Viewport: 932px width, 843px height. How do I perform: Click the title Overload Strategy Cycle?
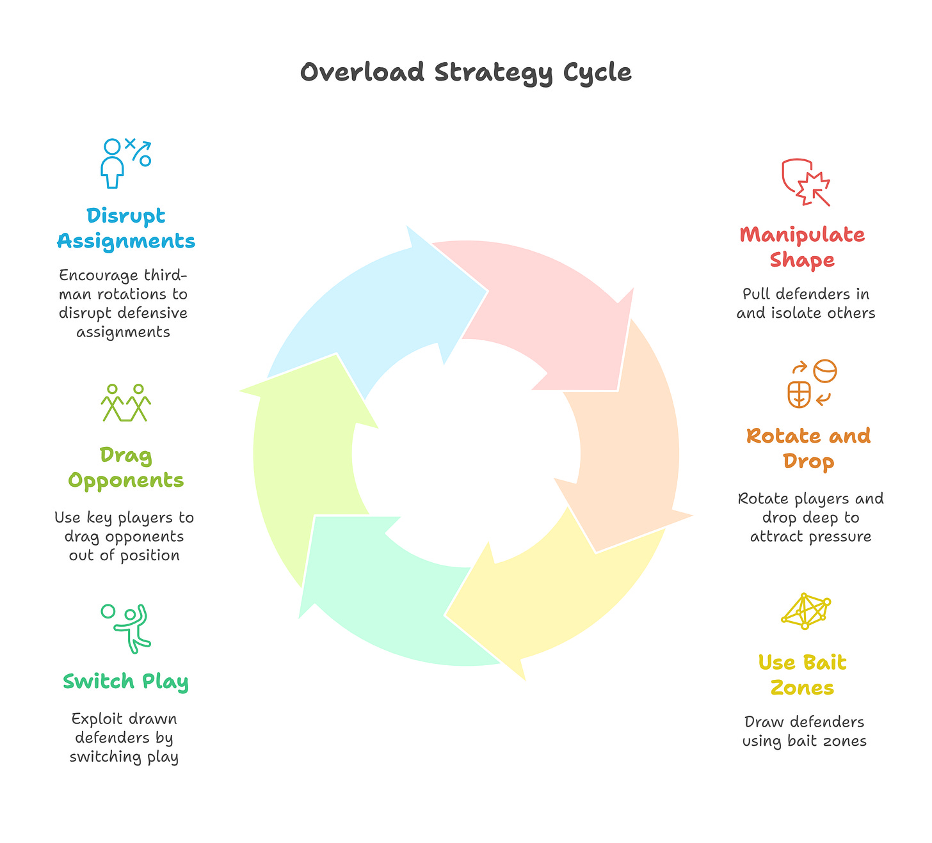[x=465, y=72]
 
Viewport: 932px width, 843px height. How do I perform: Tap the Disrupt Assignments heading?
[x=126, y=228]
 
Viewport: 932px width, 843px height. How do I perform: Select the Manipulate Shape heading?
[x=802, y=247]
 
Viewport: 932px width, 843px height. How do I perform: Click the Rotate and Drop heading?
[x=808, y=448]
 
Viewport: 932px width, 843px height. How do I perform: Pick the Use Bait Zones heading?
[x=802, y=675]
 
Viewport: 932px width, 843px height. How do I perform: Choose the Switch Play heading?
[x=125, y=681]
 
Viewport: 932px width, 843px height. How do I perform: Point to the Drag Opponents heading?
[x=126, y=468]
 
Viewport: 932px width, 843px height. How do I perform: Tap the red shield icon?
[x=805, y=182]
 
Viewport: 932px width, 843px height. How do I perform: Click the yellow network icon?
[x=805, y=611]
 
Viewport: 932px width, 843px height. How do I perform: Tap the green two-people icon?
[x=125, y=402]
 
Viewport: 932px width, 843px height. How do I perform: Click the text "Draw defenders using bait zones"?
[x=804, y=731]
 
